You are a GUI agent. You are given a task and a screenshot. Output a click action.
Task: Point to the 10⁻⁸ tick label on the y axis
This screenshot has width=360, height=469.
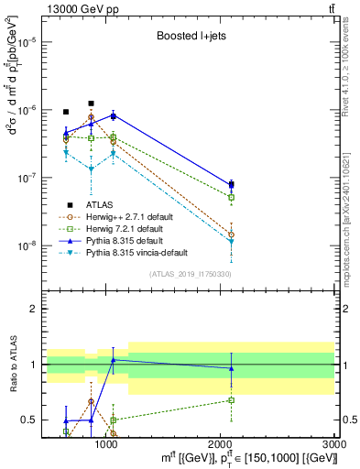(27, 245)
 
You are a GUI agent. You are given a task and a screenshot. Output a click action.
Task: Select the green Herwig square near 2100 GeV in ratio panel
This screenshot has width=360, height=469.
(232, 400)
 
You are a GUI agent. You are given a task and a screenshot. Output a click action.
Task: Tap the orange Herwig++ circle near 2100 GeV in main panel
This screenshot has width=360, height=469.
(232, 234)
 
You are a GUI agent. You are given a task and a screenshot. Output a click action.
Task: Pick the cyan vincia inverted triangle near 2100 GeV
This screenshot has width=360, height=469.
(232, 242)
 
